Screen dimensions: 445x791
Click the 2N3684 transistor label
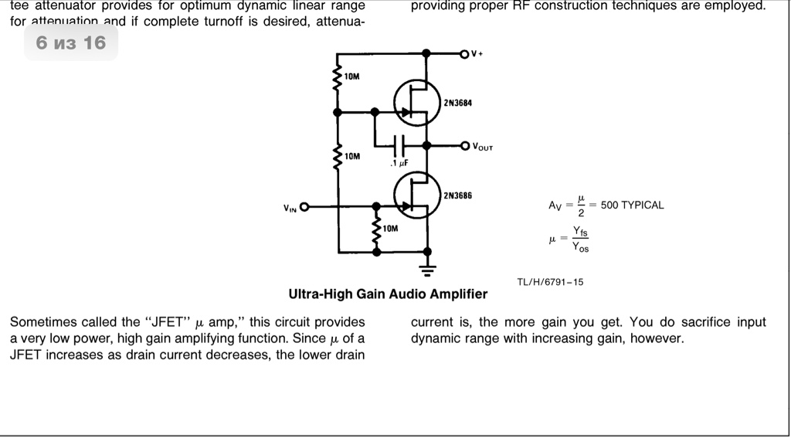click(457, 103)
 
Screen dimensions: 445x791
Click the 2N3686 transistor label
click(457, 195)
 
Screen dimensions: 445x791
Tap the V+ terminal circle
click(464, 53)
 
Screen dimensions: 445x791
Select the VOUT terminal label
click(481, 146)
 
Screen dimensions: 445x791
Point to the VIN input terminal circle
click(304, 207)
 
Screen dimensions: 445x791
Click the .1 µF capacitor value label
click(399, 163)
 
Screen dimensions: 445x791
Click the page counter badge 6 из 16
click(71, 42)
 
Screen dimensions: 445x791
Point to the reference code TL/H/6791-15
click(550, 282)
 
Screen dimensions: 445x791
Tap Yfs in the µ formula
click(580, 231)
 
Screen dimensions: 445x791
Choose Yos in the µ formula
click(580, 247)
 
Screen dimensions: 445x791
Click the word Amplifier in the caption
click(458, 294)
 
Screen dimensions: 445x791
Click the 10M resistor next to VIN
click(377, 229)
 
